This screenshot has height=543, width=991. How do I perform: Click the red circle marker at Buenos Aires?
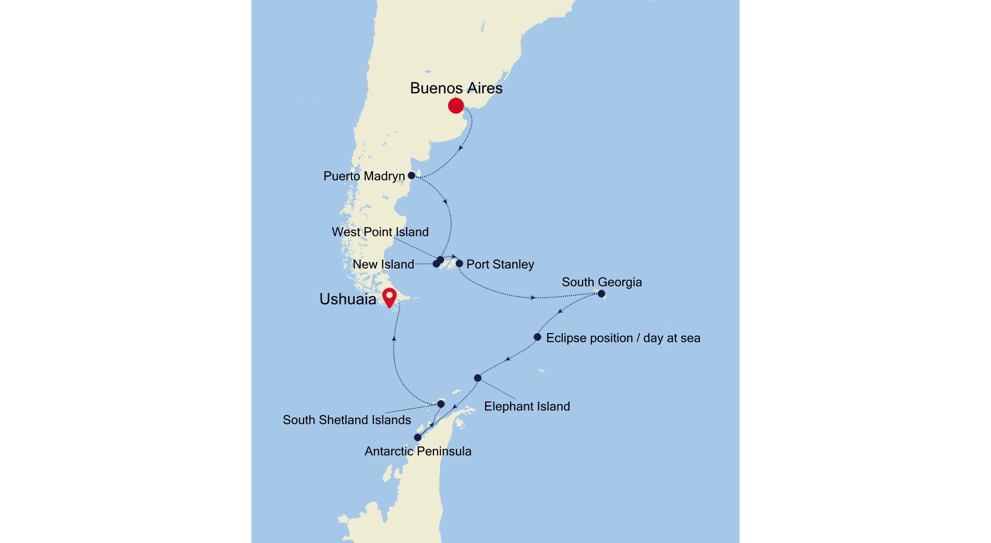click(456, 106)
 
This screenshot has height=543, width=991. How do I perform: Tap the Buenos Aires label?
click(456, 88)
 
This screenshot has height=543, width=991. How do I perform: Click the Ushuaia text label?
click(347, 299)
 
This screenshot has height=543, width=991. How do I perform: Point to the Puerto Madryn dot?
click(412, 175)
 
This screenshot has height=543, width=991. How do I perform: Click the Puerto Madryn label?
click(364, 176)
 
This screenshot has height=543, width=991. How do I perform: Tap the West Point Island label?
click(380, 232)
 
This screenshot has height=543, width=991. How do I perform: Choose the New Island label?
click(383, 264)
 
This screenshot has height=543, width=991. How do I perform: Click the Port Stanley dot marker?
click(460, 264)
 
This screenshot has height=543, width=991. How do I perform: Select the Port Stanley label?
click(500, 264)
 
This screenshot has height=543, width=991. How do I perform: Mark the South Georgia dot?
click(601, 294)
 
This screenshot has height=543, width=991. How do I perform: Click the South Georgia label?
click(601, 282)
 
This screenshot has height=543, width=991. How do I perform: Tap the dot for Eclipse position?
click(537, 337)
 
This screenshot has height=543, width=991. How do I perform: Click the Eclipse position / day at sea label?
click(623, 338)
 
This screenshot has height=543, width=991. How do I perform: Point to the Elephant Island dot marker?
click(478, 378)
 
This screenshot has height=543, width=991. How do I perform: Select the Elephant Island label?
click(527, 406)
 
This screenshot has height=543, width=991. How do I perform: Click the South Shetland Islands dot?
click(441, 404)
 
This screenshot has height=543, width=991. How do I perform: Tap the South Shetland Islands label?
click(346, 420)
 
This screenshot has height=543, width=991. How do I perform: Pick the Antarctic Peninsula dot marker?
click(418, 438)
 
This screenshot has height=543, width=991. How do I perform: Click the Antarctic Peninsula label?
click(418, 451)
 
